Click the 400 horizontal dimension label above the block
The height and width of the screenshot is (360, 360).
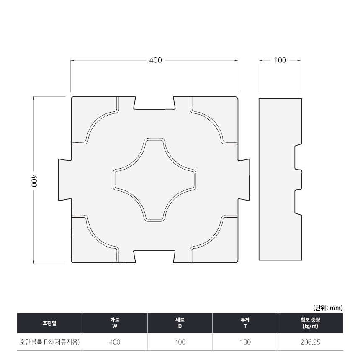point(155,60)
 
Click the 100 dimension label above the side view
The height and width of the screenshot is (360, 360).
point(280,60)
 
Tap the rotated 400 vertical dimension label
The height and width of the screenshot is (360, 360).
point(34,181)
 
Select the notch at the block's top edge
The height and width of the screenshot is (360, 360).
point(154,103)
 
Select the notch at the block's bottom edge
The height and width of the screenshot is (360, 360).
point(154,257)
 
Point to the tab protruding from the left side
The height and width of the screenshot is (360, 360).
point(65,180)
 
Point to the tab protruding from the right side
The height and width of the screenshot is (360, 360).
point(244,180)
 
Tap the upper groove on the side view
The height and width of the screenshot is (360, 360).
point(298,157)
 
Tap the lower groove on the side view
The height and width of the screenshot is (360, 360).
point(298,202)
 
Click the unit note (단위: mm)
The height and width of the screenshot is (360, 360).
point(328,308)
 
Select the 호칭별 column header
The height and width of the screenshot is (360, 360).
point(49,323)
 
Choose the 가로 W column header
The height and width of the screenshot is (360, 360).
point(115,323)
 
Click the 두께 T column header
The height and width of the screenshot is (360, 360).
point(245,323)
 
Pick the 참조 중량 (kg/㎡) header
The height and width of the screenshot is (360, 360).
point(310,323)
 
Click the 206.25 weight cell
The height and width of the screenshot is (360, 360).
point(310,342)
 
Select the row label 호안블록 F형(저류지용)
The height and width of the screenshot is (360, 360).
point(49,342)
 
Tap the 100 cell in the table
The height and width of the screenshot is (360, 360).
point(245,342)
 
